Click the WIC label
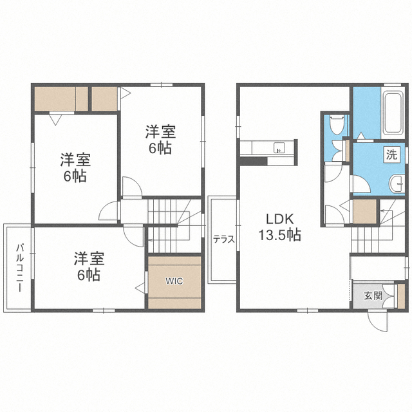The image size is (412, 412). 175,281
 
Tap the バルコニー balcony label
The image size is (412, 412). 21,268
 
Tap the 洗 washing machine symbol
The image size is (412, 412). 391,154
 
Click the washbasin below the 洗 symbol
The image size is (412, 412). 393,184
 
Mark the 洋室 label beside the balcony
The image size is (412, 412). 88,259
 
